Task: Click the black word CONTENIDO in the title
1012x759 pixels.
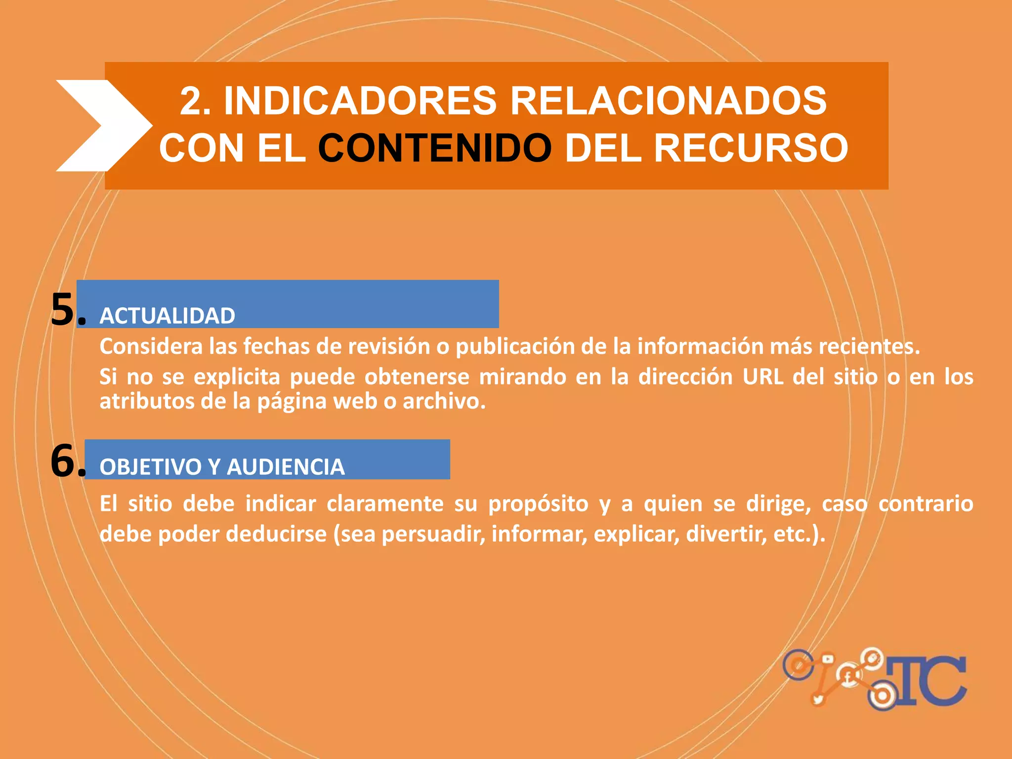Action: click(x=434, y=148)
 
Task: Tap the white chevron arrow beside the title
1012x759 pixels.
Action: click(x=101, y=126)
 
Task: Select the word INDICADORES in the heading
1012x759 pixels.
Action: click(x=360, y=101)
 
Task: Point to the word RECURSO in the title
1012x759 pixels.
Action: click(x=751, y=148)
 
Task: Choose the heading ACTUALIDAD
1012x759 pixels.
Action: click(x=168, y=316)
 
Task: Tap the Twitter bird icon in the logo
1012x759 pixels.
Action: click(x=818, y=699)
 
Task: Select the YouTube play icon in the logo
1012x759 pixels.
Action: click(x=827, y=659)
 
